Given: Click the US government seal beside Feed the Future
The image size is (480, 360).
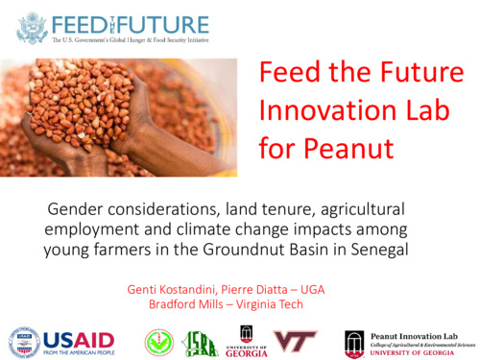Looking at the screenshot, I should (x=32, y=28).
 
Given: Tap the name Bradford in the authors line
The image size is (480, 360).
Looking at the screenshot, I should (x=180, y=304).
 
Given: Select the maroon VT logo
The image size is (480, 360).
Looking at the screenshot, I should (x=295, y=341).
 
